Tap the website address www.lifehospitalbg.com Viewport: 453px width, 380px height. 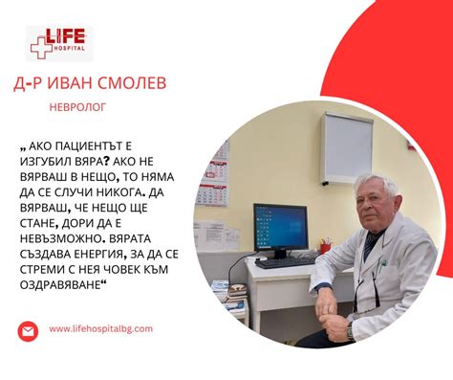99,328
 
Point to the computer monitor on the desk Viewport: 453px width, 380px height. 279,228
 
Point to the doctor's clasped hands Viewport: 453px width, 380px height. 328,304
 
